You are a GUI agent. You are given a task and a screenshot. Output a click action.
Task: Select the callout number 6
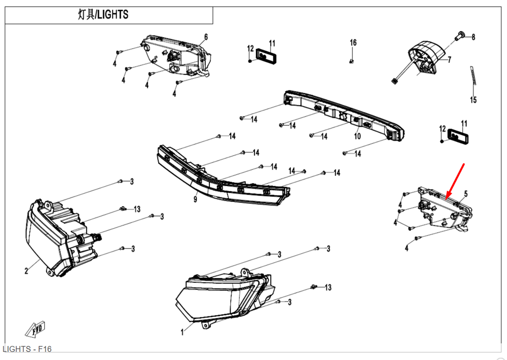[206, 37]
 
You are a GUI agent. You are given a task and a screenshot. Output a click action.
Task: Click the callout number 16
[353, 43]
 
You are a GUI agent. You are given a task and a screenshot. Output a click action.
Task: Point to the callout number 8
[473, 37]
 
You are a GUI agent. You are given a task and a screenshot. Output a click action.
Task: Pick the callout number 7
[448, 60]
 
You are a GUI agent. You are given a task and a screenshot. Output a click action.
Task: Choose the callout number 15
[473, 100]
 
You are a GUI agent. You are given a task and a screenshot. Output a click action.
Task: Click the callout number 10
[357, 136]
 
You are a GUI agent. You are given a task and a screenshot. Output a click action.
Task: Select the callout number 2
[26, 271]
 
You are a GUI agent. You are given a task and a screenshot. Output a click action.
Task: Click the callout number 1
[183, 333]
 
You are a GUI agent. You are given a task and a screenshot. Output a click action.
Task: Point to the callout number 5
[465, 194]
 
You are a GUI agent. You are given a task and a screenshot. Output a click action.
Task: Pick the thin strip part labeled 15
[473, 76]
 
